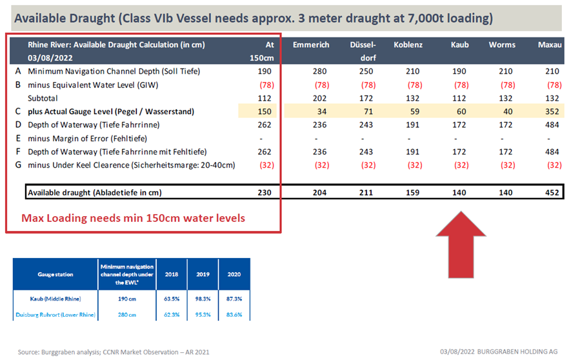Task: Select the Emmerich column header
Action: click(311, 45)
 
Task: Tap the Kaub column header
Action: click(460, 45)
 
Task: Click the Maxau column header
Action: click(549, 45)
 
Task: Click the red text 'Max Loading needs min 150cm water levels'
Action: click(134, 218)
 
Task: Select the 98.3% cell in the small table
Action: click(204, 299)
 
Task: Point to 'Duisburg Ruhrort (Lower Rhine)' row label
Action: click(55, 314)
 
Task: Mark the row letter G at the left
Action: click(17, 165)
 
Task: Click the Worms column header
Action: click(502, 45)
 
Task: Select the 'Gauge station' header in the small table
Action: click(55, 274)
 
